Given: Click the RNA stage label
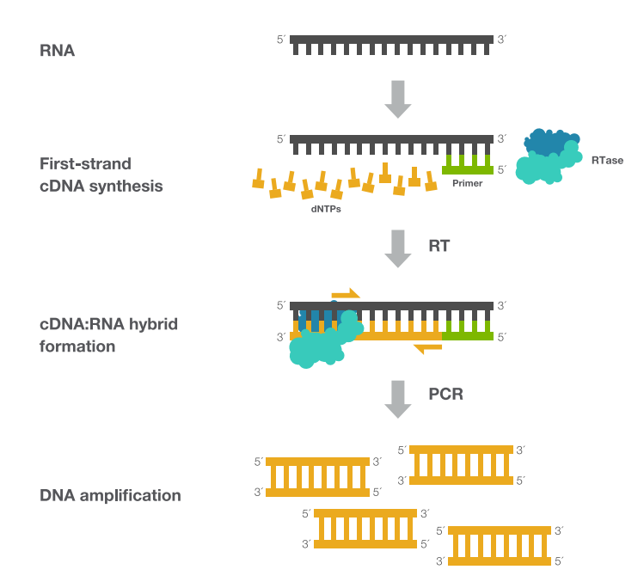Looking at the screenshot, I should (58, 51).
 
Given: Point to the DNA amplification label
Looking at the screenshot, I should (110, 495).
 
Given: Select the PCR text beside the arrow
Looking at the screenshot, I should (445, 395).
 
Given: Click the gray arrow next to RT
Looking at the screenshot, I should (397, 248).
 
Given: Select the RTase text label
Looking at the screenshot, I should (607, 160).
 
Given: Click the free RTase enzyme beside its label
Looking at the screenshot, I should (548, 156).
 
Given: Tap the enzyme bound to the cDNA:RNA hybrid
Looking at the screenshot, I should (322, 341).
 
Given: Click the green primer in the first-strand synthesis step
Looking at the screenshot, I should (467, 164).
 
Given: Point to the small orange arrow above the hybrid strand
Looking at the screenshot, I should (345, 294).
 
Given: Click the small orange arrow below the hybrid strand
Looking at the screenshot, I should (427, 347).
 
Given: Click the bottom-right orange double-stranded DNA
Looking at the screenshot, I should (500, 545).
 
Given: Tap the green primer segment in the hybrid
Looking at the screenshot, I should (467, 327).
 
